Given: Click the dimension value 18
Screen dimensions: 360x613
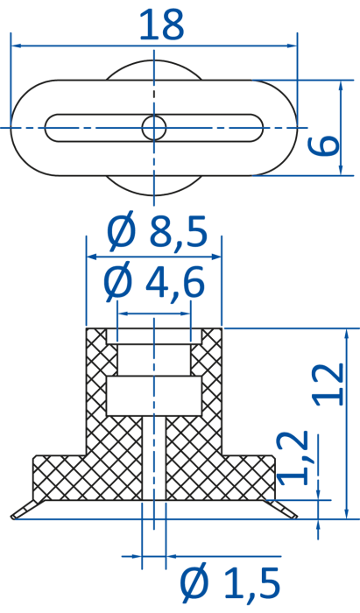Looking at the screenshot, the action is tap(161, 25).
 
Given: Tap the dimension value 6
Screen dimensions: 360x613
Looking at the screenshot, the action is tap(323, 145).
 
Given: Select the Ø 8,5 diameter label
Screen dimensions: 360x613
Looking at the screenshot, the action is tap(157, 234).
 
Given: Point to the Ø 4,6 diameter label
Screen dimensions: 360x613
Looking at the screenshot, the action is tap(154, 283).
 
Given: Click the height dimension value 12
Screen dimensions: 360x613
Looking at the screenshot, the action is tap(328, 384).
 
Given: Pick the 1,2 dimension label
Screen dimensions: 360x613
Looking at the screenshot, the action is tap(293, 458).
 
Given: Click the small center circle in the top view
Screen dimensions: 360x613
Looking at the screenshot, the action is tap(154, 128).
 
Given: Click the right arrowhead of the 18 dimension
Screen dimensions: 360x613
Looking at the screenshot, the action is tap(292, 46).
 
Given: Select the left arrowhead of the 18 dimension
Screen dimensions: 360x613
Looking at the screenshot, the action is tap(17, 46).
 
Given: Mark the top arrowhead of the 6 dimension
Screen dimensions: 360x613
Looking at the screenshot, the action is tap(341, 86).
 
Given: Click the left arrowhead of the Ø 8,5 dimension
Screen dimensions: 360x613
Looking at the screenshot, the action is tap(91, 257).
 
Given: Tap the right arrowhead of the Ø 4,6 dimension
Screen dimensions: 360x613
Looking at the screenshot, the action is tap(186, 314).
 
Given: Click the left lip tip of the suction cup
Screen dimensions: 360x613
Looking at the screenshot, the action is tap(12, 518).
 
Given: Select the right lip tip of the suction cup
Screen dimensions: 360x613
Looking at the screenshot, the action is tap(295, 517).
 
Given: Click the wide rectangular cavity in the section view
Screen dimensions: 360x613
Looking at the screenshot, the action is tap(154, 396).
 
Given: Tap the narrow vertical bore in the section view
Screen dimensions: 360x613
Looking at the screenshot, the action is tap(154, 458).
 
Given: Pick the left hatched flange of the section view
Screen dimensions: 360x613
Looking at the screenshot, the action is tap(60, 478).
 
